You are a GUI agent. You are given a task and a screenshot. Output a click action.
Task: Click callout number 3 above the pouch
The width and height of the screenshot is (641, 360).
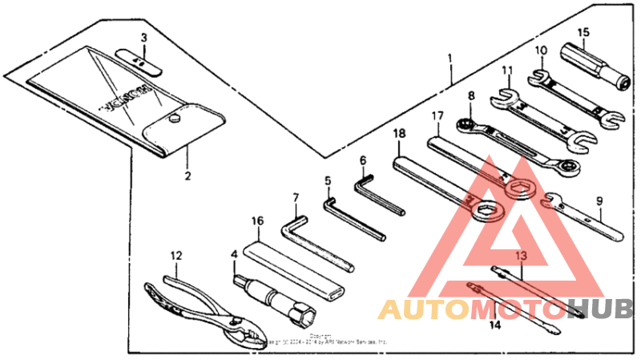(x=143, y=38)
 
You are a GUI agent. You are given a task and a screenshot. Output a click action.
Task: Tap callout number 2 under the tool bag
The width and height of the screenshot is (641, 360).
(x=187, y=175)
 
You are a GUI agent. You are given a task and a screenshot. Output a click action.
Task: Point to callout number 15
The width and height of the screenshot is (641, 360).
(x=583, y=32)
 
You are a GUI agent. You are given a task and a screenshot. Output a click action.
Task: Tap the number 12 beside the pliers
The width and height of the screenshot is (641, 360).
(x=175, y=256)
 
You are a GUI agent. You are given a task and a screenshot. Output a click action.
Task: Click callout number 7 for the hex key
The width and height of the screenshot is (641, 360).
(x=295, y=197)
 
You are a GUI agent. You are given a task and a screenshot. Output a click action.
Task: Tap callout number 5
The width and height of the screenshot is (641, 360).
(x=328, y=181)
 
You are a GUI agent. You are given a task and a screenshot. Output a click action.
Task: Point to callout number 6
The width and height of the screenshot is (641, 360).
(x=362, y=160)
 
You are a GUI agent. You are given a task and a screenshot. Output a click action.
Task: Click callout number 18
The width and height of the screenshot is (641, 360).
(x=399, y=134)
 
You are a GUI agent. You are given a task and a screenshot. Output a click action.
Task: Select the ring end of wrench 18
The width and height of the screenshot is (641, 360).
(x=486, y=212)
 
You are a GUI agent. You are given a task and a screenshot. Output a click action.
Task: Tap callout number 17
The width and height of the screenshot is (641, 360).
(x=437, y=116)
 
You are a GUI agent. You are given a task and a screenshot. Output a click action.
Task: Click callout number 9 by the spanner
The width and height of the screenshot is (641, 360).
(x=599, y=201)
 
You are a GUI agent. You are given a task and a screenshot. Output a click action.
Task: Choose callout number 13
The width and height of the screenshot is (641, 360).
(x=522, y=255)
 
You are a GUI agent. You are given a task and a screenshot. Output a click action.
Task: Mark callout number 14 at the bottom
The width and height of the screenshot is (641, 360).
(x=494, y=325)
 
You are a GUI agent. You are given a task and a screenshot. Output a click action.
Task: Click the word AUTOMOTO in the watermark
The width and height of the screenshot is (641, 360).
(x=472, y=308)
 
